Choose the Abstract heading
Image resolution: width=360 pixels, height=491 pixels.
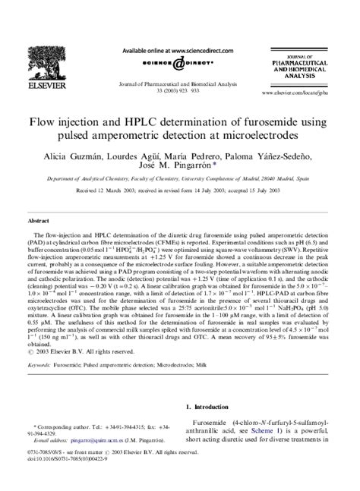pos(38,220)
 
